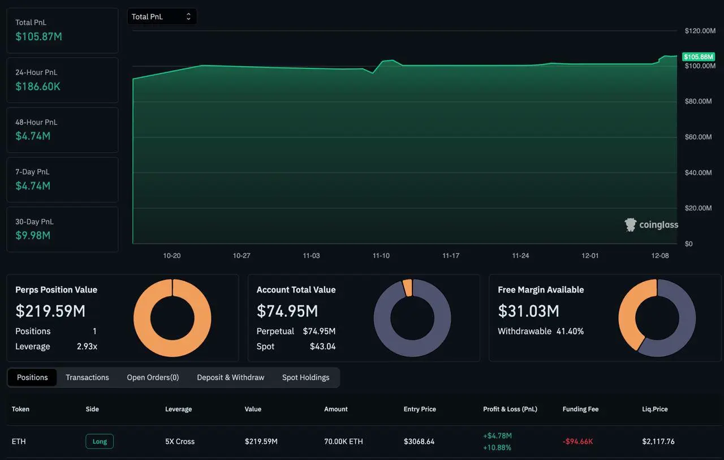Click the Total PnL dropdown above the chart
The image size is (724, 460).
pos(162,17)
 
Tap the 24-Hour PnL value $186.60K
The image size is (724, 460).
pos(38,87)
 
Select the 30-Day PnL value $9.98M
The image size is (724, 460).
pos(33,235)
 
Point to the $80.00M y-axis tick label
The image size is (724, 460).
pos(698,102)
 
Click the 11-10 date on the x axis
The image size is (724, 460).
pos(381,256)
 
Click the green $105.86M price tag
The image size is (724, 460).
pos(699,57)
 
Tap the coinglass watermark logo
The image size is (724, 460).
pos(652,225)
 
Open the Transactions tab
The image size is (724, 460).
pos(87,377)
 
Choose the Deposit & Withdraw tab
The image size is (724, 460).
pos(230,377)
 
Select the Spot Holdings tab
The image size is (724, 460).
pos(305,377)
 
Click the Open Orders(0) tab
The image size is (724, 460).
pos(153,377)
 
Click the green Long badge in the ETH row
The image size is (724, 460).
pos(100,441)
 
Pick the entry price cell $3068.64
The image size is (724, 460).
pos(419,441)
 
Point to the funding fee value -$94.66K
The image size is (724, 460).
pos(578,441)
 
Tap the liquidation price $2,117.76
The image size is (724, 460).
pos(658,441)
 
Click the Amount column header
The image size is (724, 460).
pos(336,409)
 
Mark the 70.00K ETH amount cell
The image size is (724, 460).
pos(343,441)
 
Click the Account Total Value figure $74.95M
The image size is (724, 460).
pos(287,311)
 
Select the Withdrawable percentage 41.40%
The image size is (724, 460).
pos(570,331)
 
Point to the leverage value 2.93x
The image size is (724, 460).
pos(87,346)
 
